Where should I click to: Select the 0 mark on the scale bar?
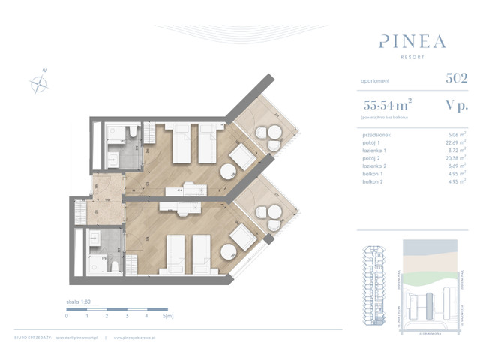click(x=67, y=316)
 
